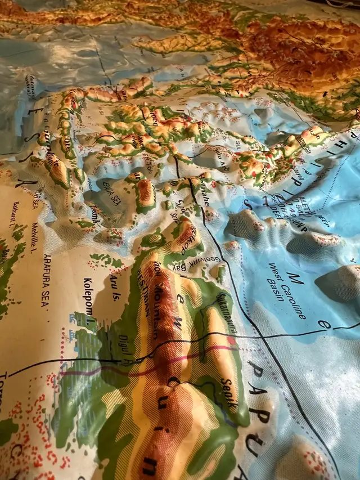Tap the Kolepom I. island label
tap(88, 295)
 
